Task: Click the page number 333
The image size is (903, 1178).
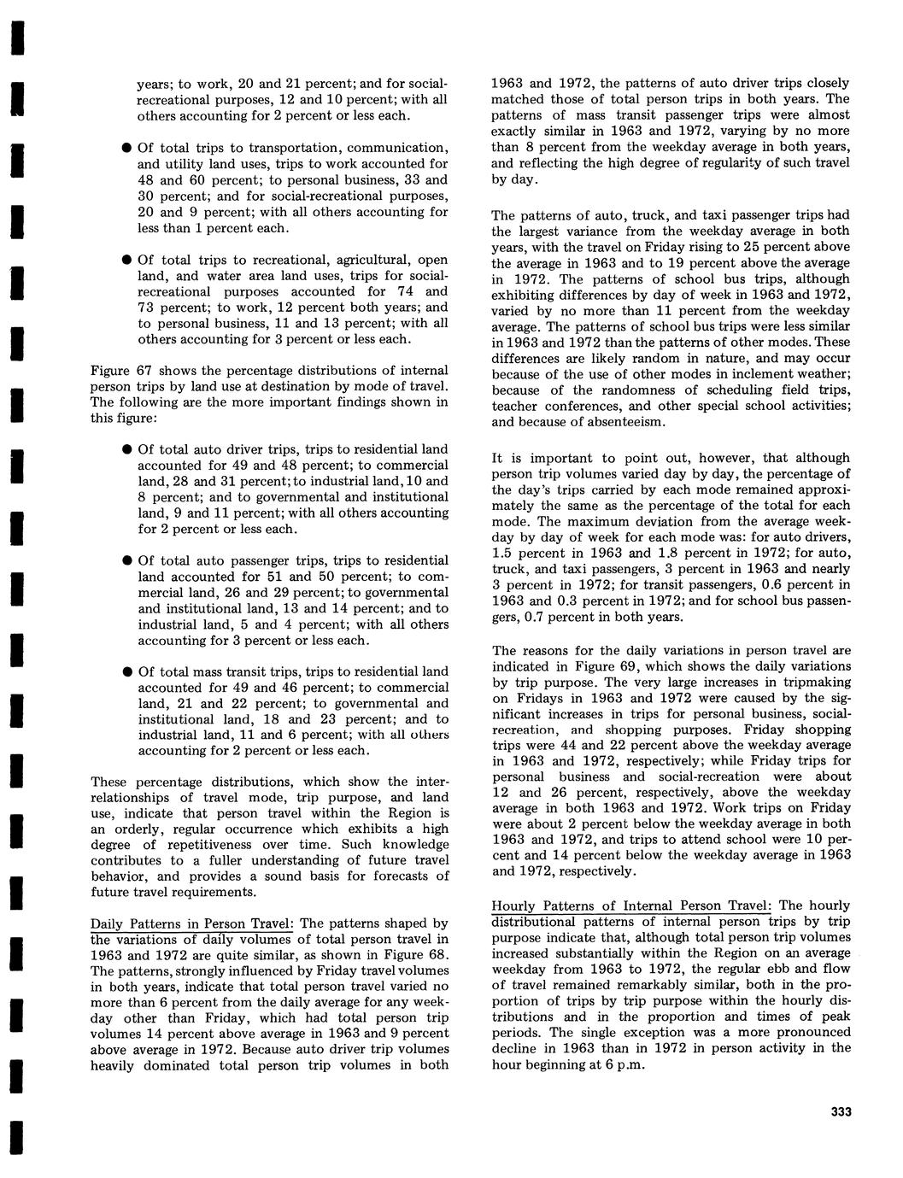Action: (840, 1111)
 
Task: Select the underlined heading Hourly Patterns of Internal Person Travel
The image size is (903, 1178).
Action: (632, 905)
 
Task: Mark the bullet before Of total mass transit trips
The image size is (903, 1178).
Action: (125, 672)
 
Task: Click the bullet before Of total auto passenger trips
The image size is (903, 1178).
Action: (125, 561)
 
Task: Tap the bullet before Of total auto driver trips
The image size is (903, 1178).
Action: (125, 449)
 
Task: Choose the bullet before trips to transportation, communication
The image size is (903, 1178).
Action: (125, 148)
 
